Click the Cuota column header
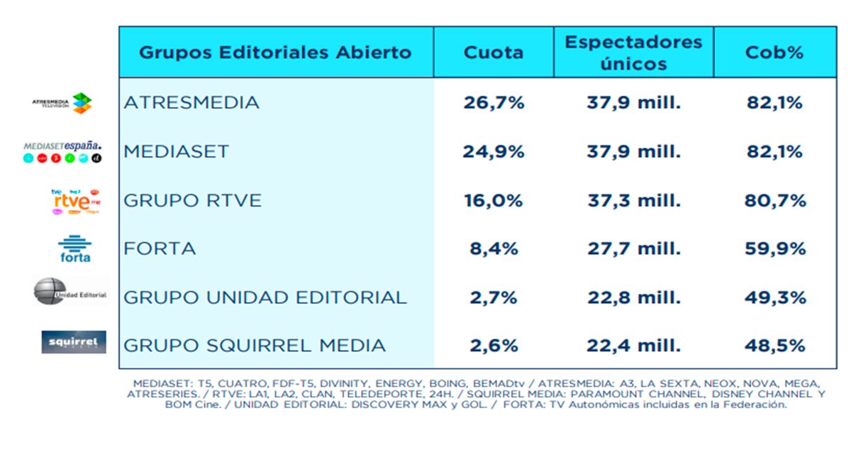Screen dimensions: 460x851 (x=494, y=53)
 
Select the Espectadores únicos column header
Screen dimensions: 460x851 (x=633, y=53)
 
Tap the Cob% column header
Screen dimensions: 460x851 (x=774, y=53)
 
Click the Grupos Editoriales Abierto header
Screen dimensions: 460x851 (x=275, y=53)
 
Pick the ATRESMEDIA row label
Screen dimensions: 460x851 (x=191, y=103)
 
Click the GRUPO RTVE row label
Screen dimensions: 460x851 (x=192, y=200)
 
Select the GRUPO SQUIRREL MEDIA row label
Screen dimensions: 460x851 (x=255, y=346)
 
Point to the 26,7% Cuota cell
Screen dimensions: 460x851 (x=494, y=103)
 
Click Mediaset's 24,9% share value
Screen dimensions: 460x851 (x=494, y=151)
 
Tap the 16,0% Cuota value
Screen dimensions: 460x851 (x=494, y=200)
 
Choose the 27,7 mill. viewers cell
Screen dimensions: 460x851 (x=633, y=248)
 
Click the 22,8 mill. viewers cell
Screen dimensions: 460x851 (x=633, y=297)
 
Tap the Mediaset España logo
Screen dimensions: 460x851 (x=62, y=151)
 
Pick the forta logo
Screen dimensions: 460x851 (x=74, y=248)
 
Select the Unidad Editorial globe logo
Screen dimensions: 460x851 (x=69, y=292)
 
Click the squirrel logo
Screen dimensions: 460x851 (x=73, y=342)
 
